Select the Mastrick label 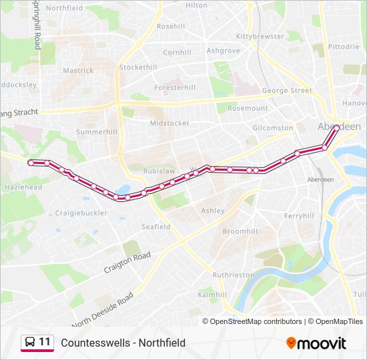point(78,71)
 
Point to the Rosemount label point(248,108)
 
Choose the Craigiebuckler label point(81,213)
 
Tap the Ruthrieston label point(233,275)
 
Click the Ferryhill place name point(298,216)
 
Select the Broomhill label point(240,231)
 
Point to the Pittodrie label point(344,47)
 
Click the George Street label point(287,91)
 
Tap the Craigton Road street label point(127,262)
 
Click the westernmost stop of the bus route point(31,163)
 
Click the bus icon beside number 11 point(29,343)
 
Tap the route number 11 point(45,342)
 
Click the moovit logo point(316,343)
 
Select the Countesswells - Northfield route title point(123,343)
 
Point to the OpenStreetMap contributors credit point(256,321)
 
